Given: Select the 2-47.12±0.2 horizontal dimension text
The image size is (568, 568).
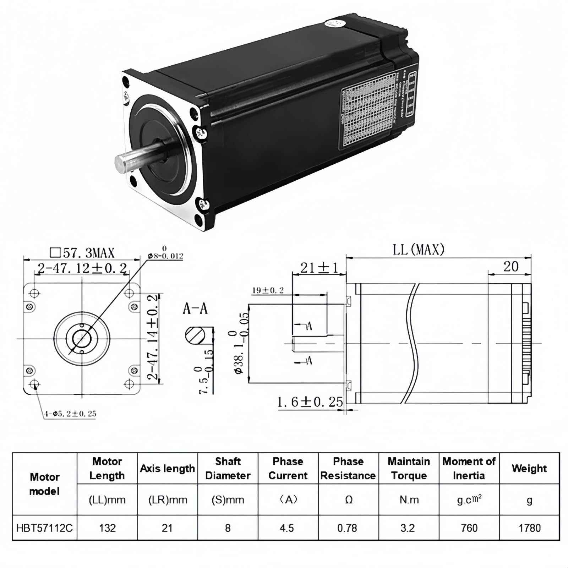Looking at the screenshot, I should pyautogui.click(x=82, y=268).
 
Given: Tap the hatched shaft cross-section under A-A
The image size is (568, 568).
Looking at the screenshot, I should pyautogui.click(x=195, y=335).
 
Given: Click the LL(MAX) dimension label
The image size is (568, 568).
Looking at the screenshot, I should pyautogui.click(x=419, y=250).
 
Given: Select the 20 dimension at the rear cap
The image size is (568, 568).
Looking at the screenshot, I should pyautogui.click(x=511, y=266).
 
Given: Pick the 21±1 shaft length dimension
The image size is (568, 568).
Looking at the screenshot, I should pyautogui.click(x=319, y=268).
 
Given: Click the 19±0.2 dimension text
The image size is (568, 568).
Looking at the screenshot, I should pyautogui.click(x=268, y=290).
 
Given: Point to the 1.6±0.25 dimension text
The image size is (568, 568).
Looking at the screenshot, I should pyautogui.click(x=310, y=402).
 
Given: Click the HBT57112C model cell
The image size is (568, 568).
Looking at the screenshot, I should pyautogui.click(x=44, y=528).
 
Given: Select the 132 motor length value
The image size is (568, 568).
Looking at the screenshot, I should pyautogui.click(x=107, y=528).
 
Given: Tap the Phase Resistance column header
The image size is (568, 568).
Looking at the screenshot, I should pyautogui.click(x=348, y=469).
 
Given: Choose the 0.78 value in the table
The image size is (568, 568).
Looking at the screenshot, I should pyautogui.click(x=347, y=528).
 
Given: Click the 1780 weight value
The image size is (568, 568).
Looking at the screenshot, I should pyautogui.click(x=529, y=528).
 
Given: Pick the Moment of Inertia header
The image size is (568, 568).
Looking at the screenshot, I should pyautogui.click(x=469, y=469).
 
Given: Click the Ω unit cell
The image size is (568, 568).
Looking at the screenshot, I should pyautogui.click(x=349, y=500).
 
